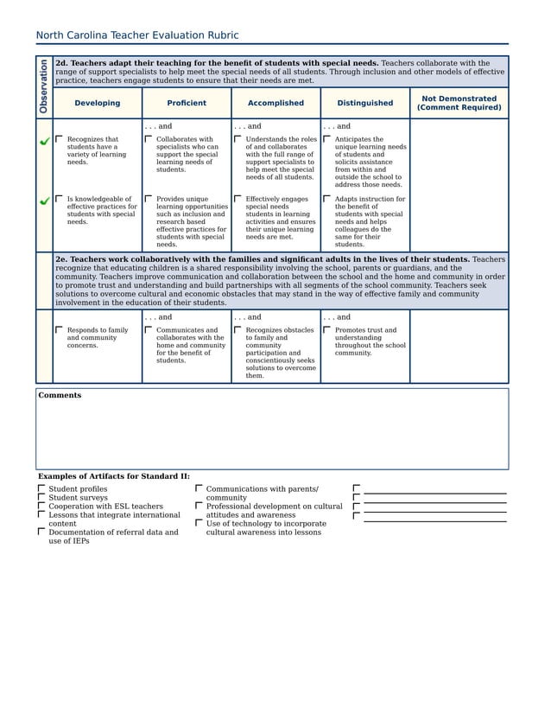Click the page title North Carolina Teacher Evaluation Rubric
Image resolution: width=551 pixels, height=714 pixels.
click(136, 35)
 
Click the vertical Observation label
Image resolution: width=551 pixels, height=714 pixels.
click(43, 86)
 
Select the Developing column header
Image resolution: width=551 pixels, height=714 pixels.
click(97, 103)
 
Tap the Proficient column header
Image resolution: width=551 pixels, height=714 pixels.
click(187, 103)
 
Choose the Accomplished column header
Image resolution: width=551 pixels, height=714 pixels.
click(275, 103)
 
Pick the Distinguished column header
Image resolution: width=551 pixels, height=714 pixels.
click(364, 103)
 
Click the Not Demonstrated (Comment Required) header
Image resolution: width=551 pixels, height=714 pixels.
click(459, 103)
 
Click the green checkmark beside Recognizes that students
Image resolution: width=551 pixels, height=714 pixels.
click(44, 141)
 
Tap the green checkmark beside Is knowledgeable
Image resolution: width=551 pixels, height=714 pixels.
click(44, 201)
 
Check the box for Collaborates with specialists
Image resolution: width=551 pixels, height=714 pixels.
click(149, 138)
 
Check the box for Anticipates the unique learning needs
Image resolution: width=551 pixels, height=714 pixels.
click(327, 138)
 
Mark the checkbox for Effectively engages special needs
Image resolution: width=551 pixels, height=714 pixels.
click(238, 198)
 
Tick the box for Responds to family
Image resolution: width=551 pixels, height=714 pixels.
click(60, 329)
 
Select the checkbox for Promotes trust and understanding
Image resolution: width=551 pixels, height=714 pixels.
click(327, 329)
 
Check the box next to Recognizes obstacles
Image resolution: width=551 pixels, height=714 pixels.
click(238, 329)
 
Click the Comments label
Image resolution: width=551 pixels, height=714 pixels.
click(60, 395)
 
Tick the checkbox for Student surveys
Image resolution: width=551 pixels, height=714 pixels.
click(41, 497)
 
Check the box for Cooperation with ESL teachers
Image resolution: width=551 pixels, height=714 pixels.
click(41, 506)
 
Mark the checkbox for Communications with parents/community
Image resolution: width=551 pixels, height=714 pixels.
click(199, 488)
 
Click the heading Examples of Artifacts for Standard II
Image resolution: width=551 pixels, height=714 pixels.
click(113, 476)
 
